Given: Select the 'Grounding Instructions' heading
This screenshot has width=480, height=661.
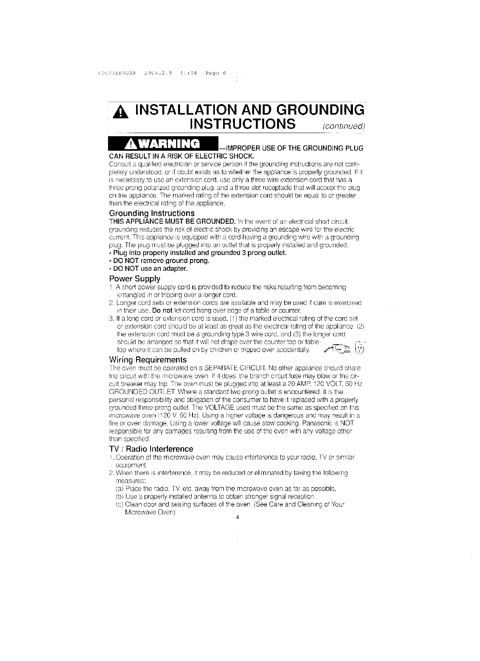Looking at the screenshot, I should (x=151, y=213).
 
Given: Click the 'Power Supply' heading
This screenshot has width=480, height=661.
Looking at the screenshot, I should (x=135, y=279).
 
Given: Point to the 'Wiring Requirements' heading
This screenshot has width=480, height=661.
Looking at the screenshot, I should (x=147, y=360).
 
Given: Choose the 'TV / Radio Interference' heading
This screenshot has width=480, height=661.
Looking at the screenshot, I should (x=151, y=449).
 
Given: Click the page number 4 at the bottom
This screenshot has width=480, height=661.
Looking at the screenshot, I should (x=238, y=517).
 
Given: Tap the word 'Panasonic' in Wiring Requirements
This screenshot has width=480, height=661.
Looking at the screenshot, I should (x=320, y=423).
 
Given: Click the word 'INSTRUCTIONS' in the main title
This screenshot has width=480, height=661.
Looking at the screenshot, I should (x=242, y=123).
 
